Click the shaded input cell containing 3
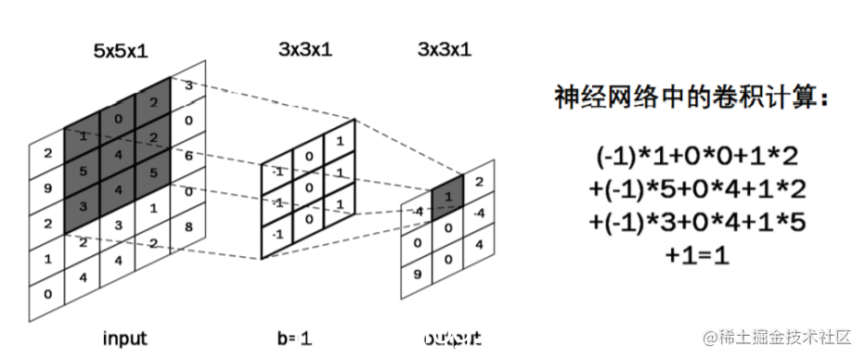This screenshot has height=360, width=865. point(83,206)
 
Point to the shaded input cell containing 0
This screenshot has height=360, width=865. point(118,119)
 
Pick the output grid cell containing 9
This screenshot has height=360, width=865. point(420,275)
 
